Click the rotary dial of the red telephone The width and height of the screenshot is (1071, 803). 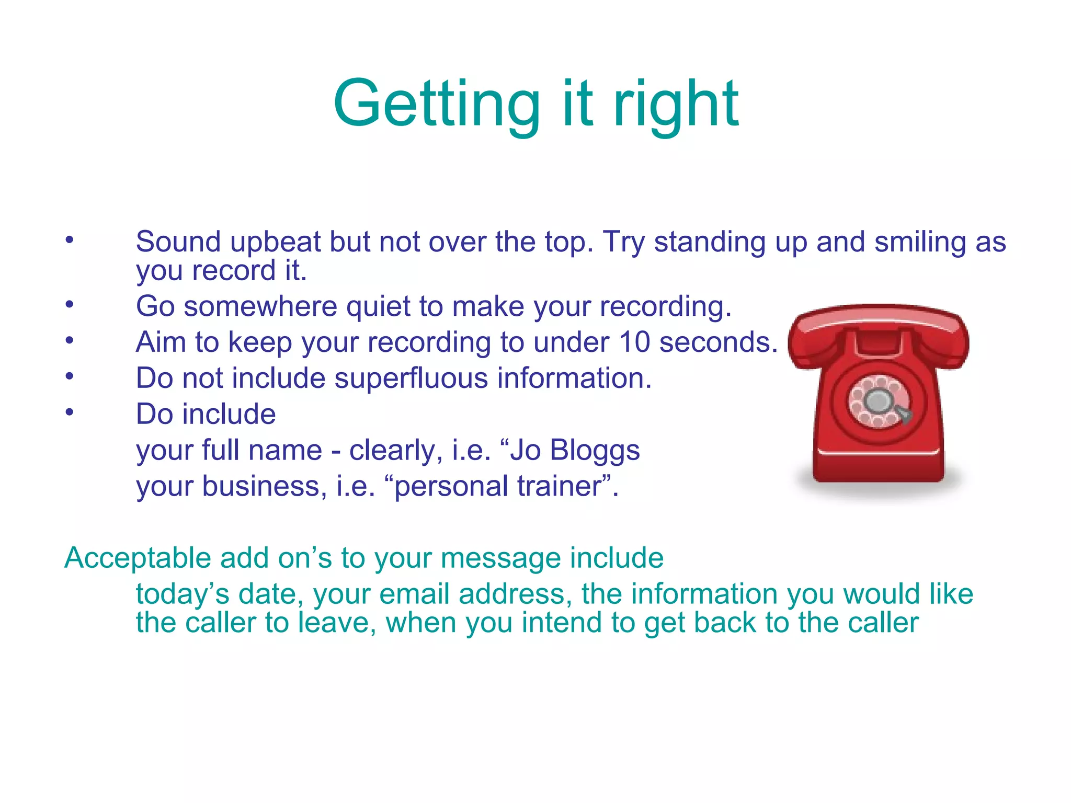(879, 401)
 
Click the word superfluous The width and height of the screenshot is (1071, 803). (411, 378)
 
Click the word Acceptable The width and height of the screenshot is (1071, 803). (137, 558)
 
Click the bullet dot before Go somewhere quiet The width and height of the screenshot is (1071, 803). (70, 304)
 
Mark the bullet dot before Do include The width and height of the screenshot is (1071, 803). (70, 412)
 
